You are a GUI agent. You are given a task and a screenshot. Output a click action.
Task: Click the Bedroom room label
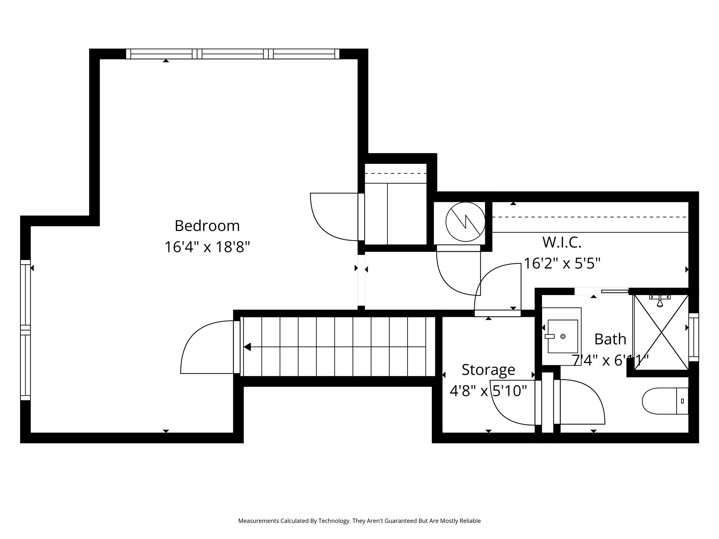[207, 226]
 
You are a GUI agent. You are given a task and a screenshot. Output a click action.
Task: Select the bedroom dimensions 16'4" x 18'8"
[207, 247]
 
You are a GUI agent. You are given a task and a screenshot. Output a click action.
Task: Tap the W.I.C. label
[562, 242]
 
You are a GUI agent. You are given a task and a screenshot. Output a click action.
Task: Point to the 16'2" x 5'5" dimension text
[562, 263]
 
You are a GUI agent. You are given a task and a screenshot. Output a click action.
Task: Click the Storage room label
[488, 370]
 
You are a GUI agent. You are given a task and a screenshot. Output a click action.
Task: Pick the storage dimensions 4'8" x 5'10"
[488, 391]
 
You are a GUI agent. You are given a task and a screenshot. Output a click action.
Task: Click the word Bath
[610, 339]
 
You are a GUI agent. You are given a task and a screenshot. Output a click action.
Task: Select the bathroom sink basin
[562, 336]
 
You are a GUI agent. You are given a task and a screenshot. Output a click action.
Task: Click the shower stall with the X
[661, 332]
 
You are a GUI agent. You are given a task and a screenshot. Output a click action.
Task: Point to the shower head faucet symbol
[660, 300]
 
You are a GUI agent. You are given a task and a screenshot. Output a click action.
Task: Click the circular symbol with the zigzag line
[465, 222]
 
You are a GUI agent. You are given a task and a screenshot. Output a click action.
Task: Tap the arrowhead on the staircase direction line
[247, 347]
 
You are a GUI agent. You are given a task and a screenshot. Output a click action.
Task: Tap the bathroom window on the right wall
[693, 337]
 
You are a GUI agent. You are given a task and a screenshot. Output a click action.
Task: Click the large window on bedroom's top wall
[232, 54]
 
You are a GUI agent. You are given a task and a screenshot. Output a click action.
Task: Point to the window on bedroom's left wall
[25, 330]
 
